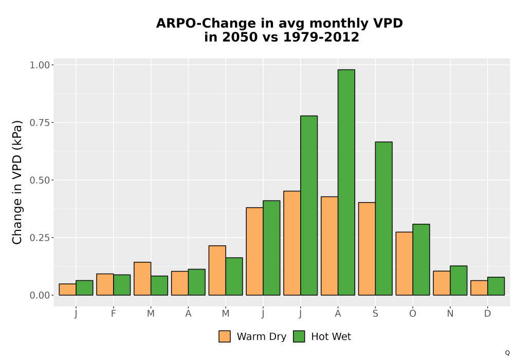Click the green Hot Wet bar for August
tap(346, 182)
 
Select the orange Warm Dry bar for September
tap(367, 249)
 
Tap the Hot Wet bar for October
tap(421, 260)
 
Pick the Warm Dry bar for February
tap(105, 284)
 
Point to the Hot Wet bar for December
tap(495, 286)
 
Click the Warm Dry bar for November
tap(442, 283)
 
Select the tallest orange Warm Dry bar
tap(292, 243)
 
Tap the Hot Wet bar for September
tap(383, 219)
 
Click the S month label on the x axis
tap(375, 314)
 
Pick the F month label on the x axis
tap(114, 314)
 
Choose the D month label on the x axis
tap(487, 314)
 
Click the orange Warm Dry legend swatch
tap(225, 336)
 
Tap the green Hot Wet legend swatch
tap(299, 336)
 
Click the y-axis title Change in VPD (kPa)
tap(17, 182)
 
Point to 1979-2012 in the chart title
tap(321, 37)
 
